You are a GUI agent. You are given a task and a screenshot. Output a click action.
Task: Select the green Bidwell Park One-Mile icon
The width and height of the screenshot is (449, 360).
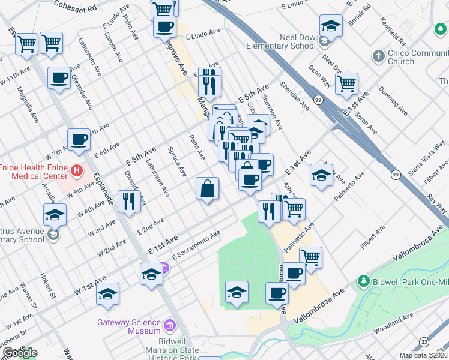pos(363,281)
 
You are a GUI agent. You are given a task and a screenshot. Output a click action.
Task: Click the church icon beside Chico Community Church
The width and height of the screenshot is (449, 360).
pos(378,56)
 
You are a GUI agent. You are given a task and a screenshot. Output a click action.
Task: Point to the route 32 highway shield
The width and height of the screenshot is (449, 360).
pos(424,341)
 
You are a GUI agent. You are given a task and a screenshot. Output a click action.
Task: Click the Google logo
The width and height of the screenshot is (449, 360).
pos(20,353)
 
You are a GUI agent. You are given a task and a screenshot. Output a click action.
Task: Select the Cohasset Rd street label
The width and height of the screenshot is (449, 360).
pos(75,8)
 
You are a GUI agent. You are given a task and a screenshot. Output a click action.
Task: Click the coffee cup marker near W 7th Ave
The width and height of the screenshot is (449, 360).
pos(78,140)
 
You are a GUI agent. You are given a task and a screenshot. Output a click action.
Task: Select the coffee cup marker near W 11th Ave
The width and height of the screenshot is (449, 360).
pos(59,78)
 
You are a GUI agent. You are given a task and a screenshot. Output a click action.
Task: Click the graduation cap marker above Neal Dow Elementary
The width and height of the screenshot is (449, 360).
pos(330,26)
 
